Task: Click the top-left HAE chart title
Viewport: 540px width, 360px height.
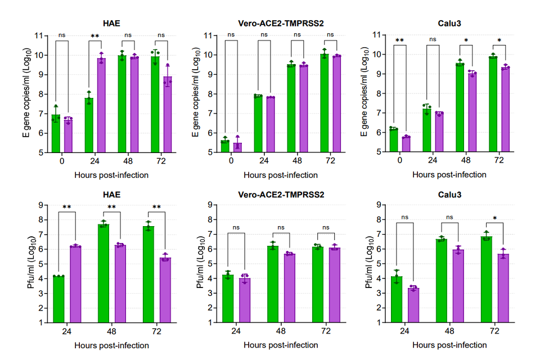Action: point(111,23)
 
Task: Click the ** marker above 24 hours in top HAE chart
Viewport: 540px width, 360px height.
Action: point(95,37)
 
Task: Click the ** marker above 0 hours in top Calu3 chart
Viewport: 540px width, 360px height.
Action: point(399,40)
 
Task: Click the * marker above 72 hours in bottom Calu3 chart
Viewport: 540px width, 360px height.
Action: point(495,218)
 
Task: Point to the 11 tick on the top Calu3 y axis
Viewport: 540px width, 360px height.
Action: point(382,35)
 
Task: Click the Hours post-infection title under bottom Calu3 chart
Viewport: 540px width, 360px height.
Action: point(449,345)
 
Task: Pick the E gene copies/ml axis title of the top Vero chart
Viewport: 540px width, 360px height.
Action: point(195,93)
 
